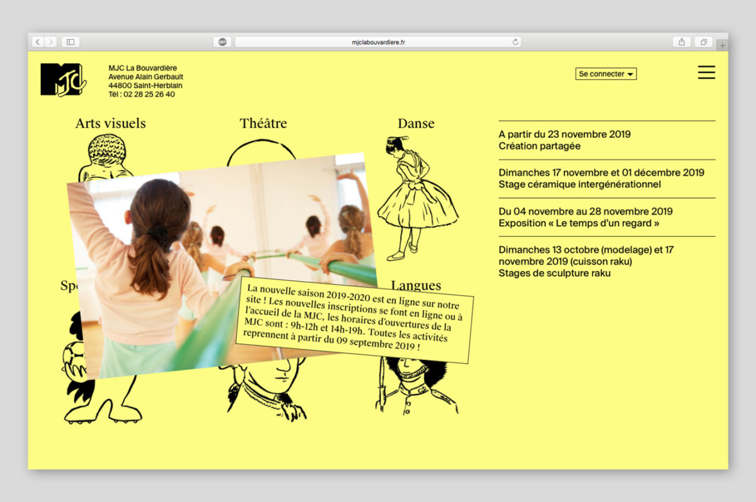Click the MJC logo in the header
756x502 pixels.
click(63, 80)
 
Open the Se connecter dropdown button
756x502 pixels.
click(606, 74)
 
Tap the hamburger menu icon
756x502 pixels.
click(706, 72)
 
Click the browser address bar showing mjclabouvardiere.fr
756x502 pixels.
click(378, 42)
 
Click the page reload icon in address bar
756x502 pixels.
click(515, 42)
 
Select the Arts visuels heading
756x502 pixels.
click(111, 123)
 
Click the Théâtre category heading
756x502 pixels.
click(263, 123)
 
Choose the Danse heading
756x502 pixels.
click(416, 123)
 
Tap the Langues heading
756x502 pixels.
click(416, 286)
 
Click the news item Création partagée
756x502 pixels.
click(540, 146)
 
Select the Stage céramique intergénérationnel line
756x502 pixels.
click(580, 184)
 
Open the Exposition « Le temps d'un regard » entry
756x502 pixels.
click(579, 223)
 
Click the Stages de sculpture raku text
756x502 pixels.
click(554, 273)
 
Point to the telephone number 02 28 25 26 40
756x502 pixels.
click(149, 94)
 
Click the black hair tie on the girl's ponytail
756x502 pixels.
click(159, 233)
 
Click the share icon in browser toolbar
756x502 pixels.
click(682, 42)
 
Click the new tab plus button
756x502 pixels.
click(722, 45)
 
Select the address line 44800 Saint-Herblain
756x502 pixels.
click(145, 86)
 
